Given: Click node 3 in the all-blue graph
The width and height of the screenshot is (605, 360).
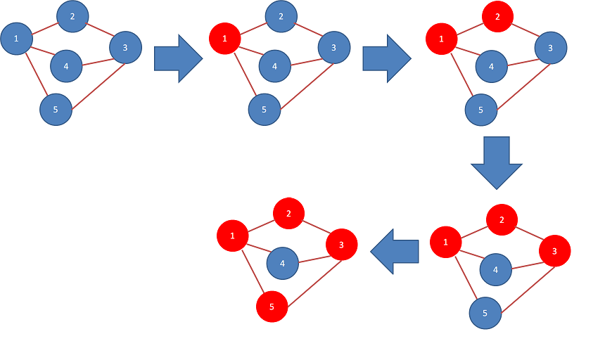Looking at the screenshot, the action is tap(125, 48).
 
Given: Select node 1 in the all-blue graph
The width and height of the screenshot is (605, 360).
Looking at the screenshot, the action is tap(17, 39).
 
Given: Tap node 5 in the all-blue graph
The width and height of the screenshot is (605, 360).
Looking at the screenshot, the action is tap(56, 110).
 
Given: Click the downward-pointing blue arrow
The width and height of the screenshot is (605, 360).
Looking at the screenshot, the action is tap(497, 162).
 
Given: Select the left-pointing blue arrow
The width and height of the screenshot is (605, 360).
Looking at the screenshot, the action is tap(395, 252).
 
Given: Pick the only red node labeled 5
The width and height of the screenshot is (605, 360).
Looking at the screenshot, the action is tap(272, 307).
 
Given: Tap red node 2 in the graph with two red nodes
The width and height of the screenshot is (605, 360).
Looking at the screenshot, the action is tap(498, 17).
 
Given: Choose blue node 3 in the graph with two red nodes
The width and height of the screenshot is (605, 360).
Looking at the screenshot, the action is tap(551, 48).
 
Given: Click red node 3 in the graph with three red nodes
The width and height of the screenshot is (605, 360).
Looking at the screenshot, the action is tap(555, 251).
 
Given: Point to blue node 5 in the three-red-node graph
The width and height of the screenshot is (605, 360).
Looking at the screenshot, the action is tap(485, 313).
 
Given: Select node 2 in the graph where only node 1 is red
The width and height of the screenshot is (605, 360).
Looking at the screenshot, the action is tap(281, 17).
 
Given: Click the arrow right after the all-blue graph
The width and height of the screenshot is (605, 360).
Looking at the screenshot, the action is tap(178, 58).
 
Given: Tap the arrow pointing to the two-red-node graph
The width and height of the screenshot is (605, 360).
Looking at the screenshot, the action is tap(387, 58).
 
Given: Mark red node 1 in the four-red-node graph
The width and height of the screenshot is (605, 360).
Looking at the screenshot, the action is tap(233, 236).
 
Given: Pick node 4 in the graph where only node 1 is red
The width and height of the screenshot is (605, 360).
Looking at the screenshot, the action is tap(275, 66).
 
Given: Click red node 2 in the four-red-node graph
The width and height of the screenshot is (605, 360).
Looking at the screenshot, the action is tap(289, 214).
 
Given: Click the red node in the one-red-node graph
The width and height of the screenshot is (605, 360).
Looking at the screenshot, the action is tap(225, 39).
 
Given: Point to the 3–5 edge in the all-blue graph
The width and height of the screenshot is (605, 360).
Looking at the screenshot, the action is tap(98, 86).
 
